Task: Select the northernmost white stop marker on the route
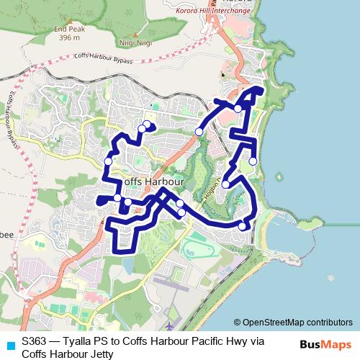click(x=238, y=108)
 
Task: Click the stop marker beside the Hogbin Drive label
click(x=225, y=184)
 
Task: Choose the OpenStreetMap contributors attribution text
click(x=297, y=323)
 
